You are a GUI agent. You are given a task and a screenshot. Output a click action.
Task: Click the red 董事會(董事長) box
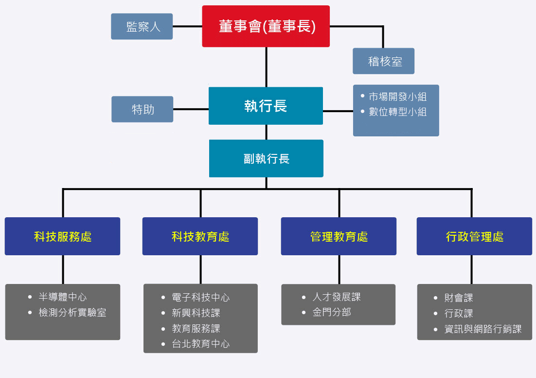click(x=266, y=26)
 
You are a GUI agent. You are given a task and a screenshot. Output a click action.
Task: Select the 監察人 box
click(x=142, y=26)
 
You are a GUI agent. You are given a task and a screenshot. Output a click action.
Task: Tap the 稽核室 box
click(x=384, y=61)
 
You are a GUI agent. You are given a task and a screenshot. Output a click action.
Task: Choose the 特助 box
click(x=142, y=109)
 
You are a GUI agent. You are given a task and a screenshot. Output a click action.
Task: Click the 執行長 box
click(x=266, y=106)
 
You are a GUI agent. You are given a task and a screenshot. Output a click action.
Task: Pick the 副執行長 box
click(x=266, y=158)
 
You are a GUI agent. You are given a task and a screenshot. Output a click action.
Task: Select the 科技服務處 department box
click(x=63, y=236)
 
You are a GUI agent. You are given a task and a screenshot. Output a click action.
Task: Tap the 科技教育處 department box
click(x=200, y=236)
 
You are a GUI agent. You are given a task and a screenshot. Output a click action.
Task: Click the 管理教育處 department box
click(x=339, y=236)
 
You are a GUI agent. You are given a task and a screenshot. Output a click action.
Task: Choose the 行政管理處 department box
click(x=474, y=236)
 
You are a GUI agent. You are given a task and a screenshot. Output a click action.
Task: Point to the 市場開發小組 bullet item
click(x=394, y=96)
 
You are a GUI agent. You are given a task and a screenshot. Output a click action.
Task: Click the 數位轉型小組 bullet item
click(x=394, y=112)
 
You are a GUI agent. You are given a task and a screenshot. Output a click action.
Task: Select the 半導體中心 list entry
click(x=57, y=297)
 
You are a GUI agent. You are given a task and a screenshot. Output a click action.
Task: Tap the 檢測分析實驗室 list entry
click(x=67, y=312)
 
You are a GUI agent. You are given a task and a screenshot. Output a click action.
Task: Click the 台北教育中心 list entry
click(x=196, y=343)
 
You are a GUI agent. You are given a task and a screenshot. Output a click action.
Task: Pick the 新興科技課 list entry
click(x=191, y=313)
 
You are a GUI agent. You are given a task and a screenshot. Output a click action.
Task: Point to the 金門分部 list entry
click(x=326, y=312)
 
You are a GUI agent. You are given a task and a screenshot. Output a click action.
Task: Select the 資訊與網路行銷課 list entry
click(x=478, y=329)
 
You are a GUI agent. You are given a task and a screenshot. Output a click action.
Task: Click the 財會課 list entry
click(x=453, y=298)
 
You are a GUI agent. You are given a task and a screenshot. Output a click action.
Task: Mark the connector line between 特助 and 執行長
click(x=191, y=109)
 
